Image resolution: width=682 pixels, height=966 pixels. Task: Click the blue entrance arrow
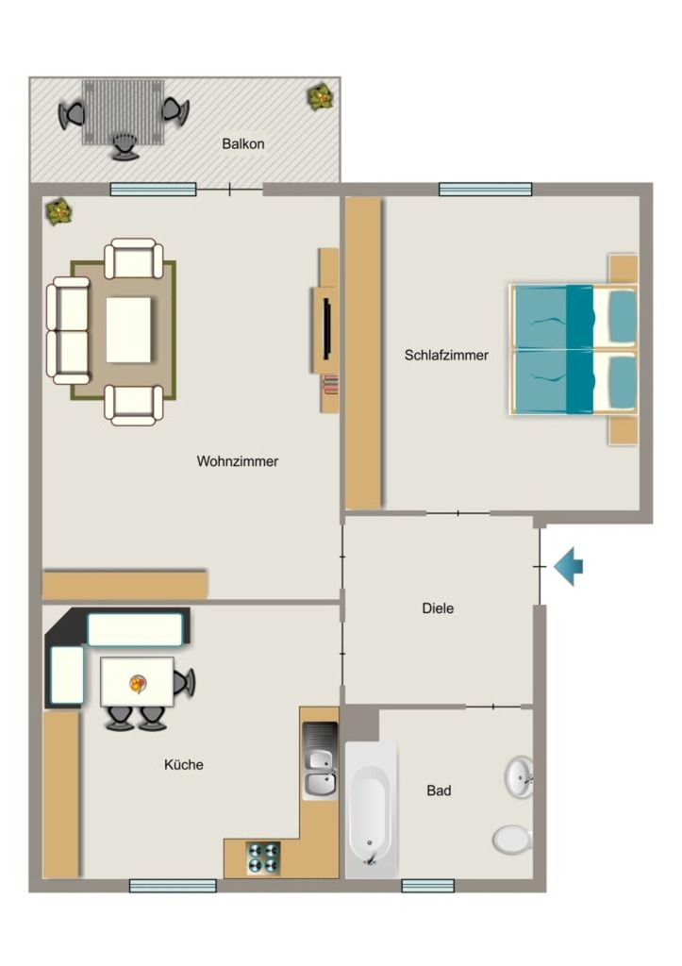click(x=568, y=566)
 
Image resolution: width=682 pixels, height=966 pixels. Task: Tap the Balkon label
click(x=243, y=144)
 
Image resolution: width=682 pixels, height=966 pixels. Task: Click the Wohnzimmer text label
click(x=238, y=461)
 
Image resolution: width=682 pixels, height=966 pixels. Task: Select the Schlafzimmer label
click(x=447, y=356)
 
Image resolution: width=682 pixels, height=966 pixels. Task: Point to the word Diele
click(x=438, y=608)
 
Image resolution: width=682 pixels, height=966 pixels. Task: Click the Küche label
click(x=184, y=764)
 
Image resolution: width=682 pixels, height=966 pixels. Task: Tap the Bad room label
click(x=440, y=791)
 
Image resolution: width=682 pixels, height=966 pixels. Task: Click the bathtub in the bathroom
click(x=371, y=809)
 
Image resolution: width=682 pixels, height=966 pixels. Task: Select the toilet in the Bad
click(x=512, y=840)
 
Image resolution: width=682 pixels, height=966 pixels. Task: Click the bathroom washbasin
click(x=520, y=777)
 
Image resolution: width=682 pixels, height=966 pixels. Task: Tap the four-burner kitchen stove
click(x=264, y=858)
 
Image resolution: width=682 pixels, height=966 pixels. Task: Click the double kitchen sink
click(x=321, y=761)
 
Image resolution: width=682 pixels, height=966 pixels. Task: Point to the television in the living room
click(x=327, y=328)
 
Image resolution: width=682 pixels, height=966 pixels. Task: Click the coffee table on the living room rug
click(x=129, y=330)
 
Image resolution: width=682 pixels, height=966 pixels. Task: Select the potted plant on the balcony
click(x=321, y=97)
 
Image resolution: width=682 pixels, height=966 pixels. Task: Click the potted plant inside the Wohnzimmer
click(x=59, y=212)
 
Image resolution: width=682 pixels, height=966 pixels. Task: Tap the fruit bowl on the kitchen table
click(x=138, y=684)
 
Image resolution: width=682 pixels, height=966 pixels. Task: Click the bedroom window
click(x=486, y=189)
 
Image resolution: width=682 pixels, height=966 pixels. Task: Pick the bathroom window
click(x=428, y=886)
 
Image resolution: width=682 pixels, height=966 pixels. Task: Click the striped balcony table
click(x=124, y=111)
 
